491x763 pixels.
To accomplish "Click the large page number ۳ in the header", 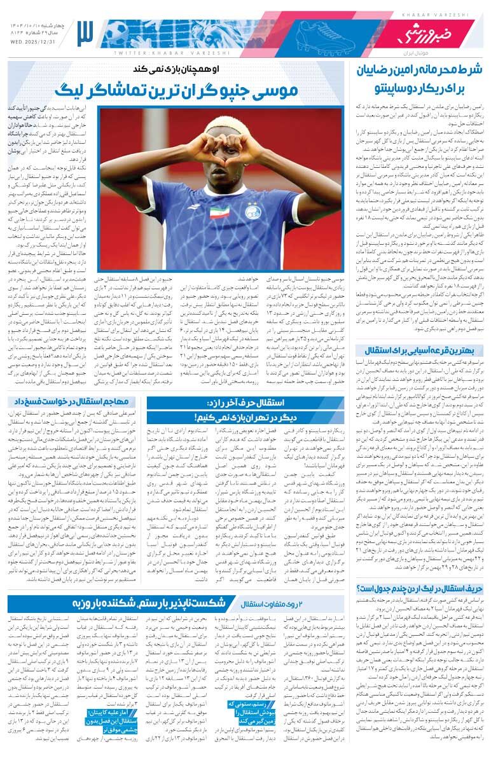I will click(x=85, y=31).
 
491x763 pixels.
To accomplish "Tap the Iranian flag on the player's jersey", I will click(x=220, y=211).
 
